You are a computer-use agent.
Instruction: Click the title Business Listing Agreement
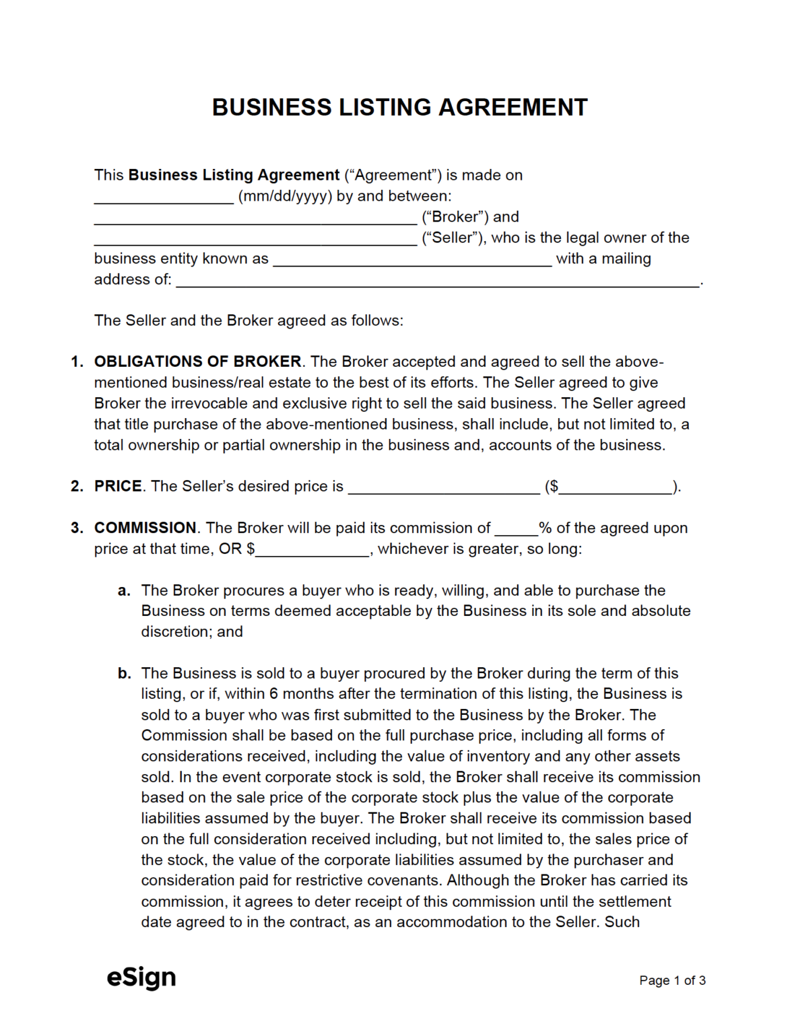pos(399,108)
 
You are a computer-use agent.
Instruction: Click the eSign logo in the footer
pos(141,977)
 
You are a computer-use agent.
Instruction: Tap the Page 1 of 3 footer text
pos(672,980)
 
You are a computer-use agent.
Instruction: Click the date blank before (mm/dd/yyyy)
pos(164,197)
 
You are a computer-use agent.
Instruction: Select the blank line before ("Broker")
pos(255,218)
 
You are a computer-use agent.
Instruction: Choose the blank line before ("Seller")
pos(255,239)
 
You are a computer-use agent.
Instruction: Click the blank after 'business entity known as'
pos(412,261)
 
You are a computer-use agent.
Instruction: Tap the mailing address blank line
pos(438,281)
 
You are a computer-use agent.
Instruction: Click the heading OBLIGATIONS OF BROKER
pos(197,361)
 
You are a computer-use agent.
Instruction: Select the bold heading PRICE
pos(118,486)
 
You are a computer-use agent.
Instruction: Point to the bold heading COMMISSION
pos(145,528)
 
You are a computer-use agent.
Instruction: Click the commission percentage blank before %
pos(516,529)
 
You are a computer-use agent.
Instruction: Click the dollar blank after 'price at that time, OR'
pos(312,551)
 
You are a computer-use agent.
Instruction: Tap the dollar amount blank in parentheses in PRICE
pos(615,488)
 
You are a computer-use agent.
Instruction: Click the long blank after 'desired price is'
pos(444,488)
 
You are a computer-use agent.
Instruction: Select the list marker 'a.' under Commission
pos(124,590)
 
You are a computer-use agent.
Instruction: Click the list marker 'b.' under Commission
pos(124,673)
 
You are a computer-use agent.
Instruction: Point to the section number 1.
pos(77,361)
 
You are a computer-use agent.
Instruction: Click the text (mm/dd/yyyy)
pos(285,196)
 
